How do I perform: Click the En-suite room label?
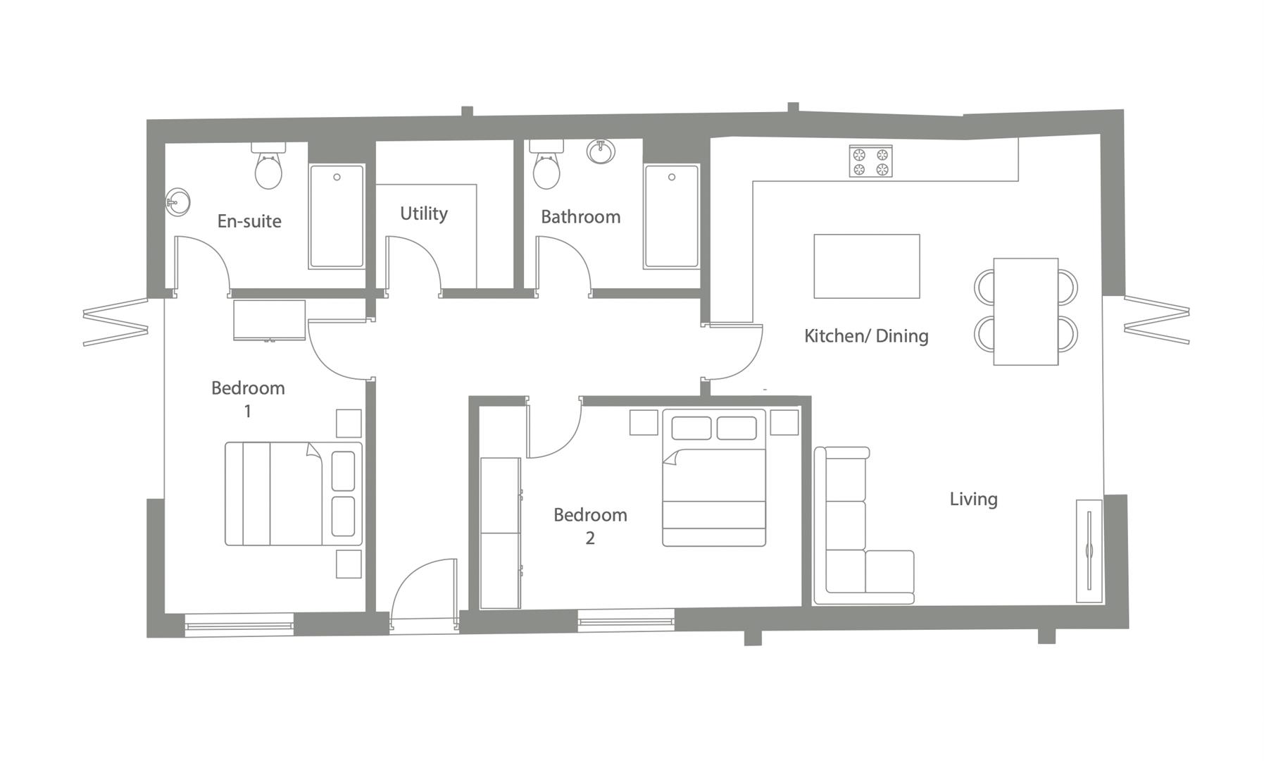click(249, 221)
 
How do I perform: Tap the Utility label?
click(423, 214)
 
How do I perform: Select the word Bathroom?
click(580, 216)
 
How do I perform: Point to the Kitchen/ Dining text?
click(865, 336)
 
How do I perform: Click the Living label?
click(973, 499)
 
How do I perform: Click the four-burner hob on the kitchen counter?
click(870, 161)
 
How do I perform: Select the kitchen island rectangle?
click(866, 266)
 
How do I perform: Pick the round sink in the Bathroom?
click(601, 151)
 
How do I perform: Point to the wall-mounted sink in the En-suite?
click(177, 203)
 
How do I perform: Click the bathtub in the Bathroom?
click(672, 216)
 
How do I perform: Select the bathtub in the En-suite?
click(337, 216)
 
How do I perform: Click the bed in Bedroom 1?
click(293, 494)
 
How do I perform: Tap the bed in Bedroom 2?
click(713, 479)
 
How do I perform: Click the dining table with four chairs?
click(1025, 311)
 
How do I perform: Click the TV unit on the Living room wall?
click(1089, 551)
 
